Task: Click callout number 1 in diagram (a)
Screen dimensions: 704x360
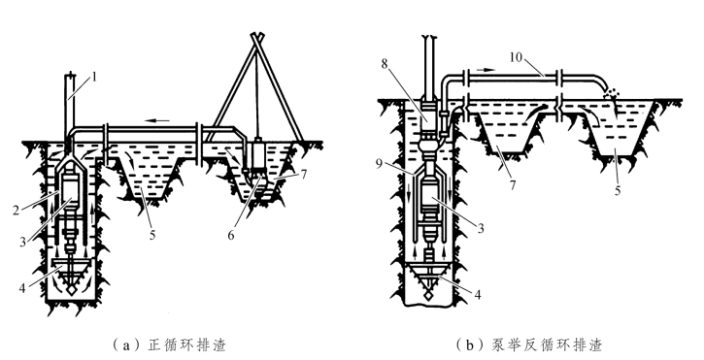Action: [94, 78]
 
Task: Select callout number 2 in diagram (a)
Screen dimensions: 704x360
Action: [17, 210]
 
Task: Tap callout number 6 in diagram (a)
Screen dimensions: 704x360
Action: [231, 235]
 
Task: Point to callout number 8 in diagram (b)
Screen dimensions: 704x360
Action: [385, 64]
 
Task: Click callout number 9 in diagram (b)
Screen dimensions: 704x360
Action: [380, 164]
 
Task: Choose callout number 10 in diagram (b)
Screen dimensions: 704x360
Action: [517, 57]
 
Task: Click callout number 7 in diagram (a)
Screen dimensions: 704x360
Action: [304, 174]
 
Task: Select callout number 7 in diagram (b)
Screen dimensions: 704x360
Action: [513, 184]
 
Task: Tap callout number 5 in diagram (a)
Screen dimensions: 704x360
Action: [152, 234]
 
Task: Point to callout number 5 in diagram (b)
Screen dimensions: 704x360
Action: [618, 190]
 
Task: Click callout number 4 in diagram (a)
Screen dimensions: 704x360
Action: [22, 288]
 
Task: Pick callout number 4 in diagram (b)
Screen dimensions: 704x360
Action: [478, 294]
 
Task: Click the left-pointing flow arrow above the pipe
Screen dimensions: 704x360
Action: [157, 120]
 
